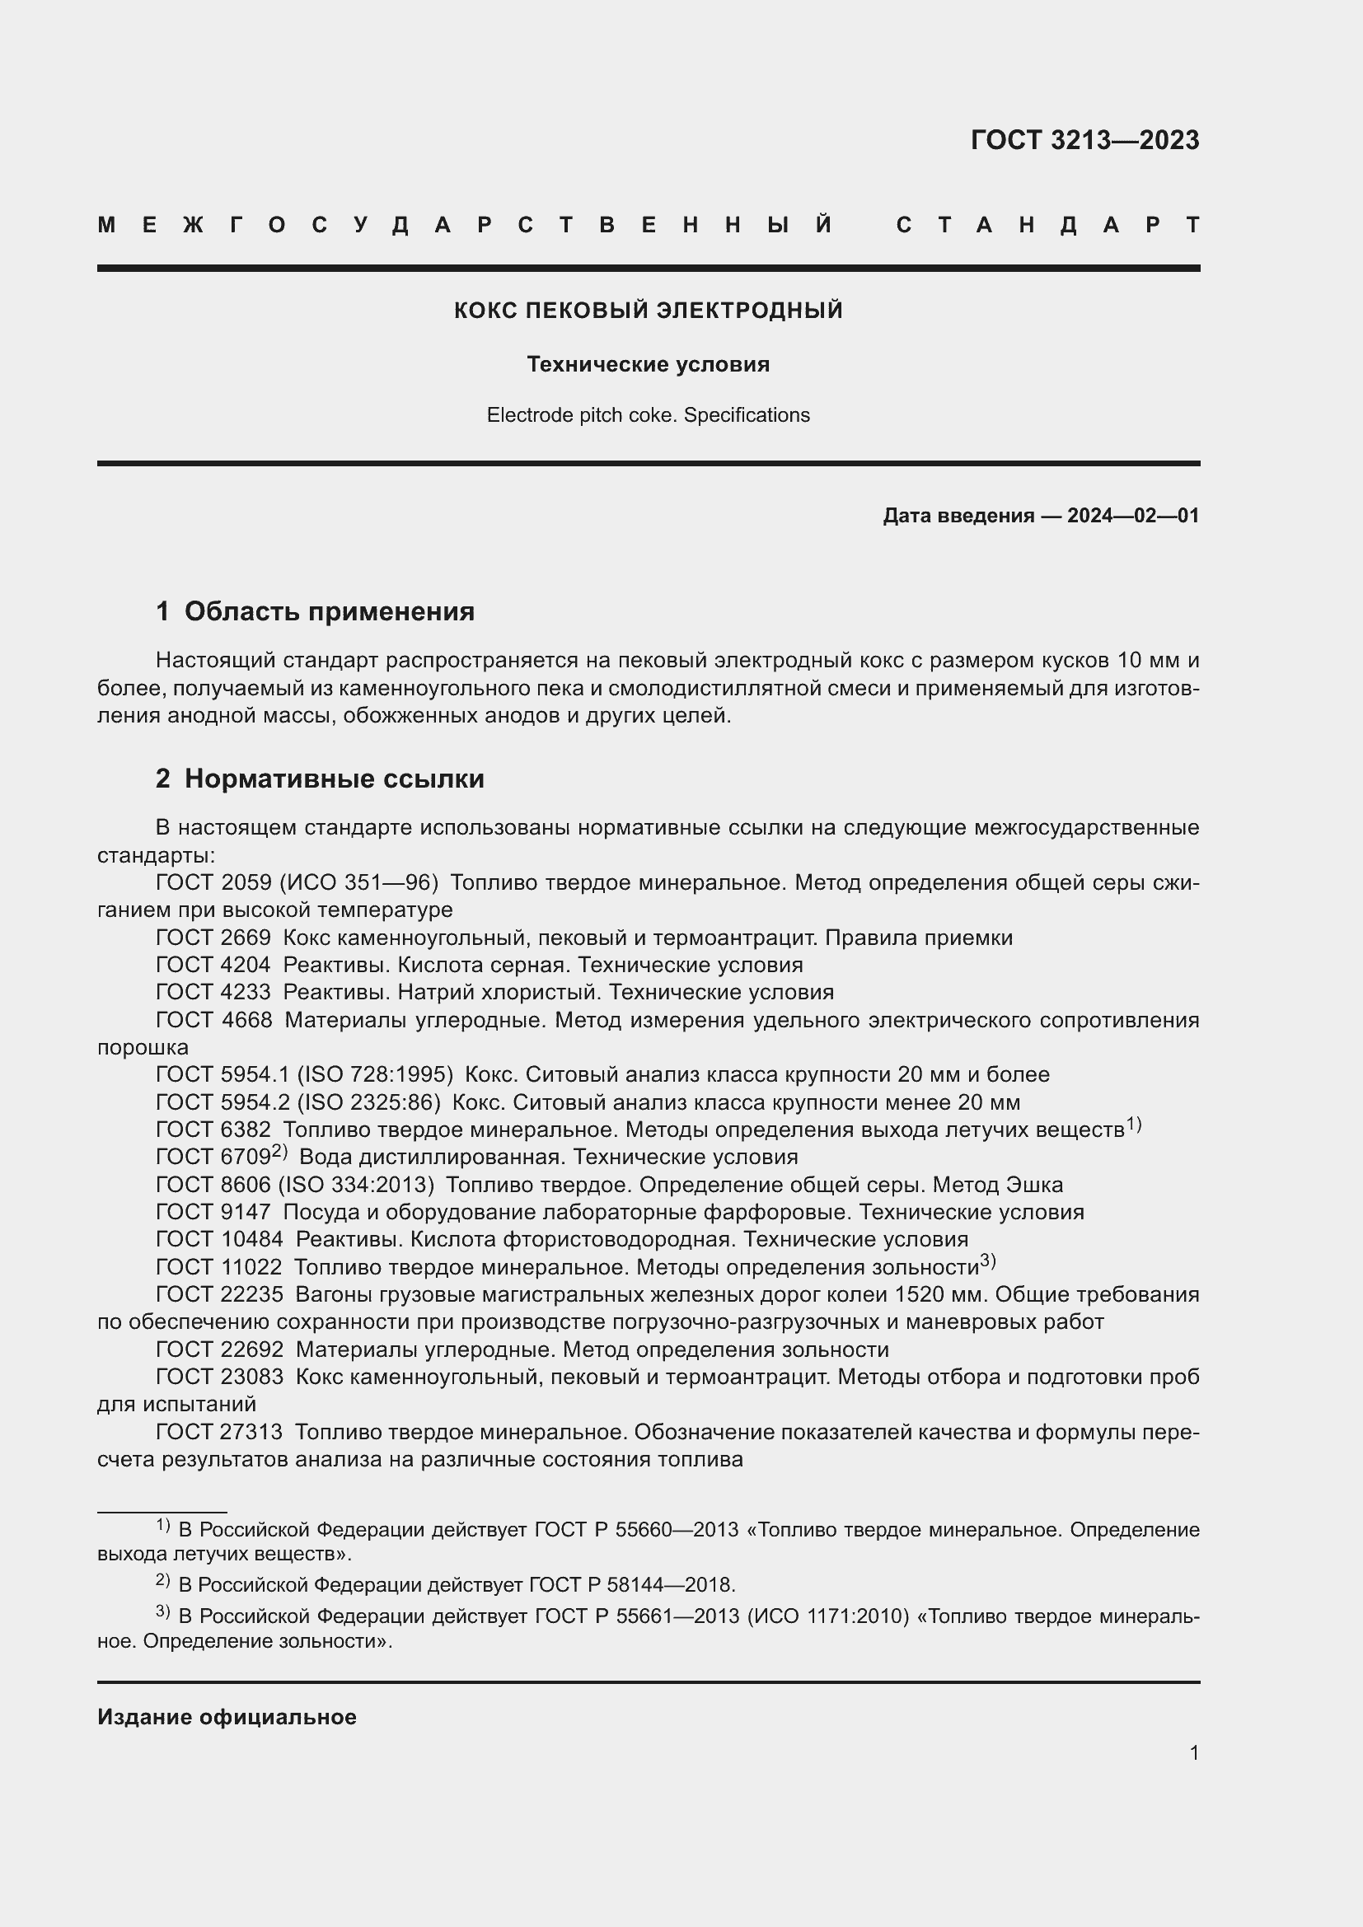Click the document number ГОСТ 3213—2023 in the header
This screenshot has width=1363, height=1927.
[x=1084, y=139]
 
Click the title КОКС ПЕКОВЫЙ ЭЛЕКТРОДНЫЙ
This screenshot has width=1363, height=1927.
[x=648, y=311]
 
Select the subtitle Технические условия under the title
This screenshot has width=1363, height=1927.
[x=648, y=364]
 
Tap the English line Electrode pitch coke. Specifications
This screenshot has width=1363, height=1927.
[x=648, y=415]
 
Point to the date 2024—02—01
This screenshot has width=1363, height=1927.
[x=1133, y=515]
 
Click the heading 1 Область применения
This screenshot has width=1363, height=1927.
[x=316, y=611]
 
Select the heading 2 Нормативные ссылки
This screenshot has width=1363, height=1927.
[x=320, y=778]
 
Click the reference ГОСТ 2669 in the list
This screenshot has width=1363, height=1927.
[x=213, y=938]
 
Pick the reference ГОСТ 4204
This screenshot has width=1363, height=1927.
[x=213, y=966]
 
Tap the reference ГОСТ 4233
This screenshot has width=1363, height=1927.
[x=213, y=992]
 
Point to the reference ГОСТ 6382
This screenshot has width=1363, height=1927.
[x=213, y=1130]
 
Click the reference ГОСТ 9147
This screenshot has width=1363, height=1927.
[x=213, y=1212]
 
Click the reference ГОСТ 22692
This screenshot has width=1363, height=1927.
[x=220, y=1349]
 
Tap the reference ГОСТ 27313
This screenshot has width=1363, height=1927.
[x=220, y=1432]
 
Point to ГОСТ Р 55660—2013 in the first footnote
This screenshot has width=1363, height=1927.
[x=635, y=1530]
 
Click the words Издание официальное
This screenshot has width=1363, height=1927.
[x=227, y=1717]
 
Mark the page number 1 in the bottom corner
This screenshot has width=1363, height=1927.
[x=1194, y=1752]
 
